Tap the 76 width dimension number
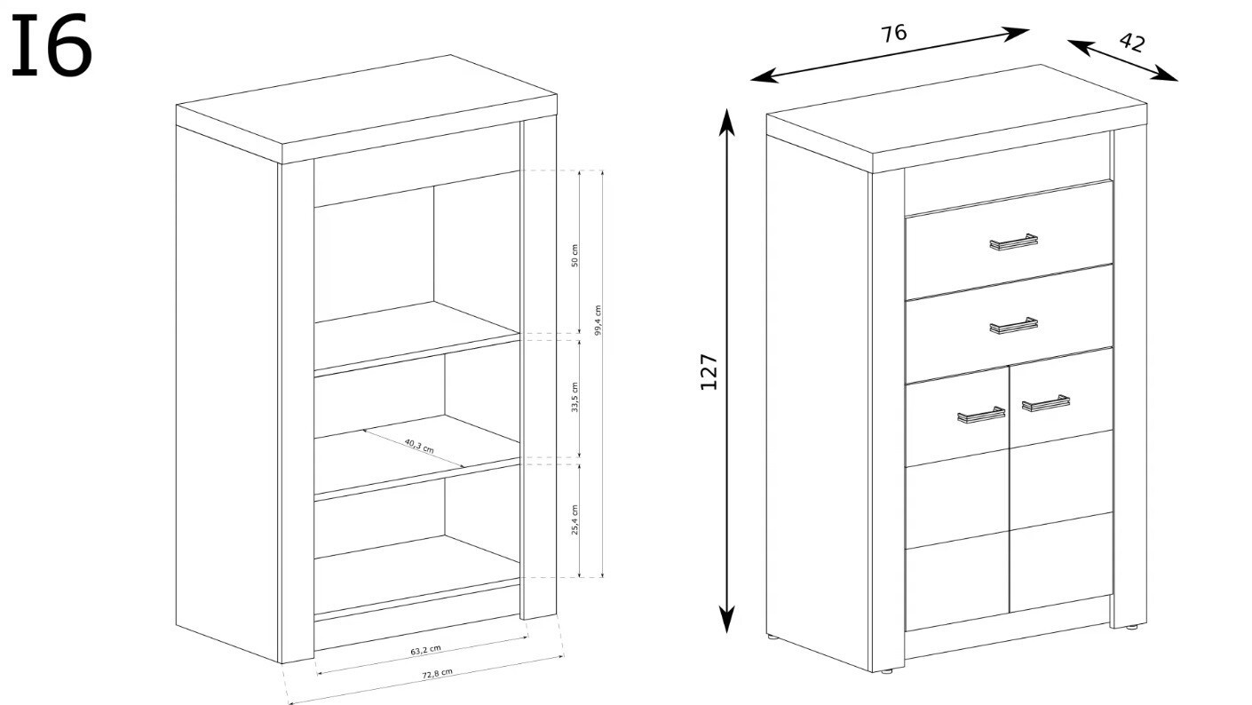click(893, 33)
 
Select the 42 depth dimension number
click(1132, 43)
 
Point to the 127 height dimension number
click(709, 372)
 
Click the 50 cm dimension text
click(574, 256)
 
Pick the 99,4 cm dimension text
click(598, 321)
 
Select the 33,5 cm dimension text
click(574, 398)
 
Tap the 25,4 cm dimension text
click(574, 520)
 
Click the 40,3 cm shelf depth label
click(418, 446)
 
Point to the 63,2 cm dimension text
click(426, 650)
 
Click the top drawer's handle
click(1013, 242)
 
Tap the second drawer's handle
click(1013, 325)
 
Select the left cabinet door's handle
click(981, 415)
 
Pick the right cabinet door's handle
click(1046, 403)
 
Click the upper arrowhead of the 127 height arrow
click(726, 122)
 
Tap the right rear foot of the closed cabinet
click(1131, 627)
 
